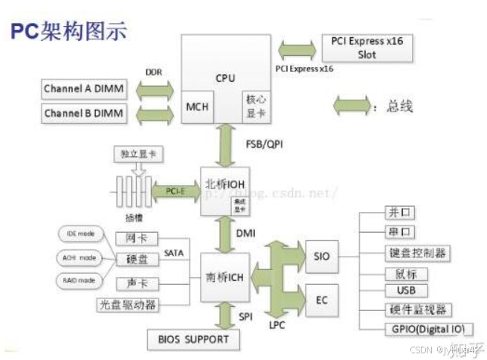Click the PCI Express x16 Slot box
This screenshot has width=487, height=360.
367,48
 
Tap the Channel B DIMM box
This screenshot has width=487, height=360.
83,114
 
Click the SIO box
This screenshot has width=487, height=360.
322,257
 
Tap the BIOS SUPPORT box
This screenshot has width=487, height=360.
194,340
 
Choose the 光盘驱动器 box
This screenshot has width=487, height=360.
129,304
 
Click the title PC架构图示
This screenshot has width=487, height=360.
68,30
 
